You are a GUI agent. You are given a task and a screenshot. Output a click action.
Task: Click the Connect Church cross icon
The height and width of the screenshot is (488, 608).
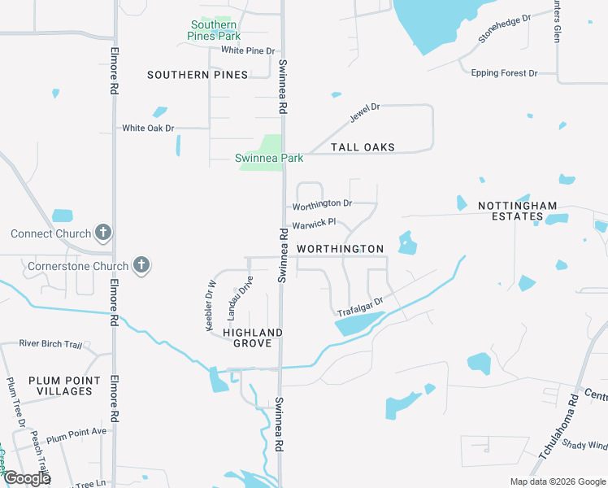pos(102,233)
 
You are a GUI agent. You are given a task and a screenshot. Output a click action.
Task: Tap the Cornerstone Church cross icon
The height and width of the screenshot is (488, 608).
pos(141,265)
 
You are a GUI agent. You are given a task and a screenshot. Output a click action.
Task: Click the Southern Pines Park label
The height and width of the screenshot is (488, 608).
pos(214,30)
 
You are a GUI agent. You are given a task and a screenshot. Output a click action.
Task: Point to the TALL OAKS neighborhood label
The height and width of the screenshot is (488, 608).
pos(363,147)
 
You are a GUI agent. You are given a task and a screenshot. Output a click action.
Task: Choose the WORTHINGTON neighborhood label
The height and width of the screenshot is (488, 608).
pos(340,248)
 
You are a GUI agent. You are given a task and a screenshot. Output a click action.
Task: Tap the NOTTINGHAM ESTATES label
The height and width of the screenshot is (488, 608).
pos(521,211)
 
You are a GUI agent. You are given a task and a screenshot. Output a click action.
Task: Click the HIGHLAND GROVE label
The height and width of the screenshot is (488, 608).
pos(253,338)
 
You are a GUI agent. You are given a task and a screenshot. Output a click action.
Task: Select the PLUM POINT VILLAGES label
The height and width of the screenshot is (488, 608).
pos(64,386)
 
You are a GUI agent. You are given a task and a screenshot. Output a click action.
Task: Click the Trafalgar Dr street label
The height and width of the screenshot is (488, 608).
pos(360,305)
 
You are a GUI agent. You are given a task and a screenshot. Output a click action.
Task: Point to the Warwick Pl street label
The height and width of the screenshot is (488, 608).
pos(314,221)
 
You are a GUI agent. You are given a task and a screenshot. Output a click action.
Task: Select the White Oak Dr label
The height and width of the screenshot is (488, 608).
pos(148,128)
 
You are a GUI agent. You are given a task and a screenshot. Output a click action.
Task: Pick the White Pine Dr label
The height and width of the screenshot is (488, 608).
pos(248,50)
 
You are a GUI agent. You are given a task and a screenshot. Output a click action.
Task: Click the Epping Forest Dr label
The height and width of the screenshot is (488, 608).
pos(504,73)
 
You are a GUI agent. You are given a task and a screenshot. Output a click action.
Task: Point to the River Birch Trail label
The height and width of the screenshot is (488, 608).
pos(50,344)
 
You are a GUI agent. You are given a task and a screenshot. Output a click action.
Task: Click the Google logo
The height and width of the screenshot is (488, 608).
pos(27,478)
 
